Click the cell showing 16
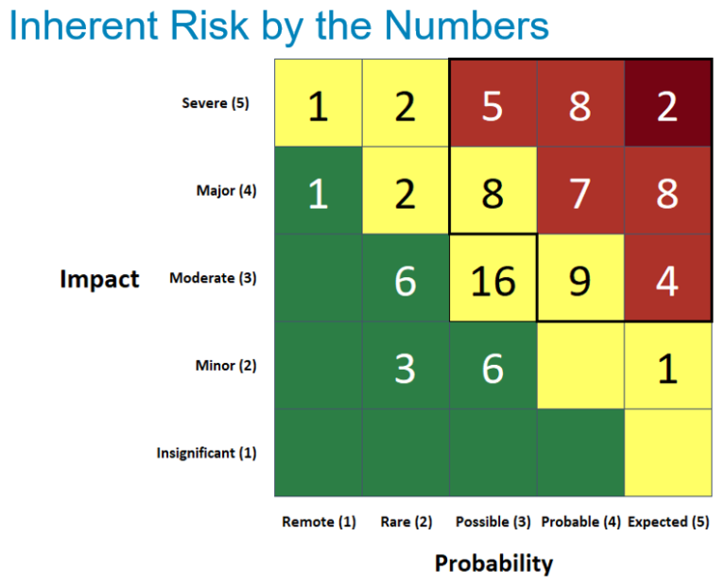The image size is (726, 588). click(x=493, y=279)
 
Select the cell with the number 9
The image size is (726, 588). click(x=580, y=279)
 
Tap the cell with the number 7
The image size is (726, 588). click(x=580, y=191)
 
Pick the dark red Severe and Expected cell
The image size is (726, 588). click(x=667, y=104)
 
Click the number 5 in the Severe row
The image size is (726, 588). click(x=493, y=104)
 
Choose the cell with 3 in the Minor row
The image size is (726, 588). click(x=405, y=366)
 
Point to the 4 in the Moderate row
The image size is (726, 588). click(x=667, y=279)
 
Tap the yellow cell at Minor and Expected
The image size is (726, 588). click(x=667, y=366)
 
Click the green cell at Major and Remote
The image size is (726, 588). click(x=318, y=191)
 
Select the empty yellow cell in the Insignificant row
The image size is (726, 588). click(x=667, y=453)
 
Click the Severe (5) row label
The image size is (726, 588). click(x=216, y=104)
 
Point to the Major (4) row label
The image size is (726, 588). click(x=226, y=191)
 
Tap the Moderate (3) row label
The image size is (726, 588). click(x=213, y=279)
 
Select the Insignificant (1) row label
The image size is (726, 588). click(x=206, y=453)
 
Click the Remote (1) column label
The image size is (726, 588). click(x=319, y=522)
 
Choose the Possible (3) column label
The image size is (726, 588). click(x=493, y=522)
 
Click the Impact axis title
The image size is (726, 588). click(x=99, y=279)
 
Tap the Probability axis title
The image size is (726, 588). click(x=493, y=563)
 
